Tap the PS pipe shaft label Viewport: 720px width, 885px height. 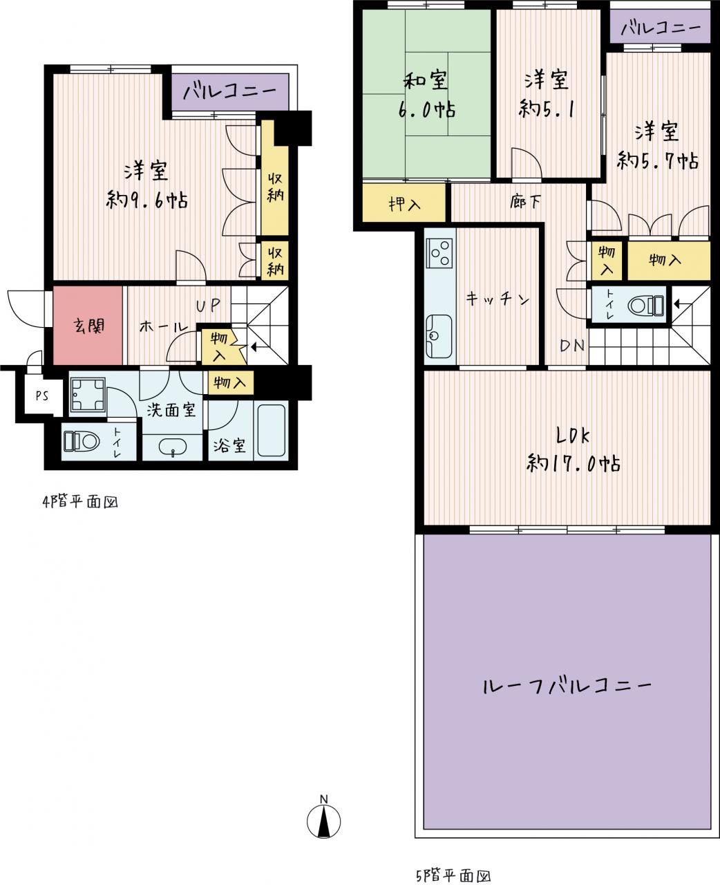click(42, 396)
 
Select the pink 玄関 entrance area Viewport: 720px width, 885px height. click(88, 326)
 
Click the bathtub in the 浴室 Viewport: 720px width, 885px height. click(271, 430)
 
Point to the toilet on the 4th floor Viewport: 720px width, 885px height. click(81, 441)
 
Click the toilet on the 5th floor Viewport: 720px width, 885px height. click(645, 306)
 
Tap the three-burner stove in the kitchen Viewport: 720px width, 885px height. click(439, 253)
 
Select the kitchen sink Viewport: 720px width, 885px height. click(439, 336)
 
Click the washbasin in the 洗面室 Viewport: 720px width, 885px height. click(173, 447)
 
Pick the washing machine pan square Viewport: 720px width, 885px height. click(87, 394)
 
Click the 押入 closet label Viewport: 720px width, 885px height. click(404, 203)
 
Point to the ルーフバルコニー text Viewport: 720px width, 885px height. click(567, 687)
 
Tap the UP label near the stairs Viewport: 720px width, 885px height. click(207, 306)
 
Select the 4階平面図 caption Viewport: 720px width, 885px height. click(80, 503)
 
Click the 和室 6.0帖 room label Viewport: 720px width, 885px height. click(426, 95)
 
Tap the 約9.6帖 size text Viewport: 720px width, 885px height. click(147, 200)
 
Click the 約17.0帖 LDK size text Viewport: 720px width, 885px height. click(573, 463)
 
